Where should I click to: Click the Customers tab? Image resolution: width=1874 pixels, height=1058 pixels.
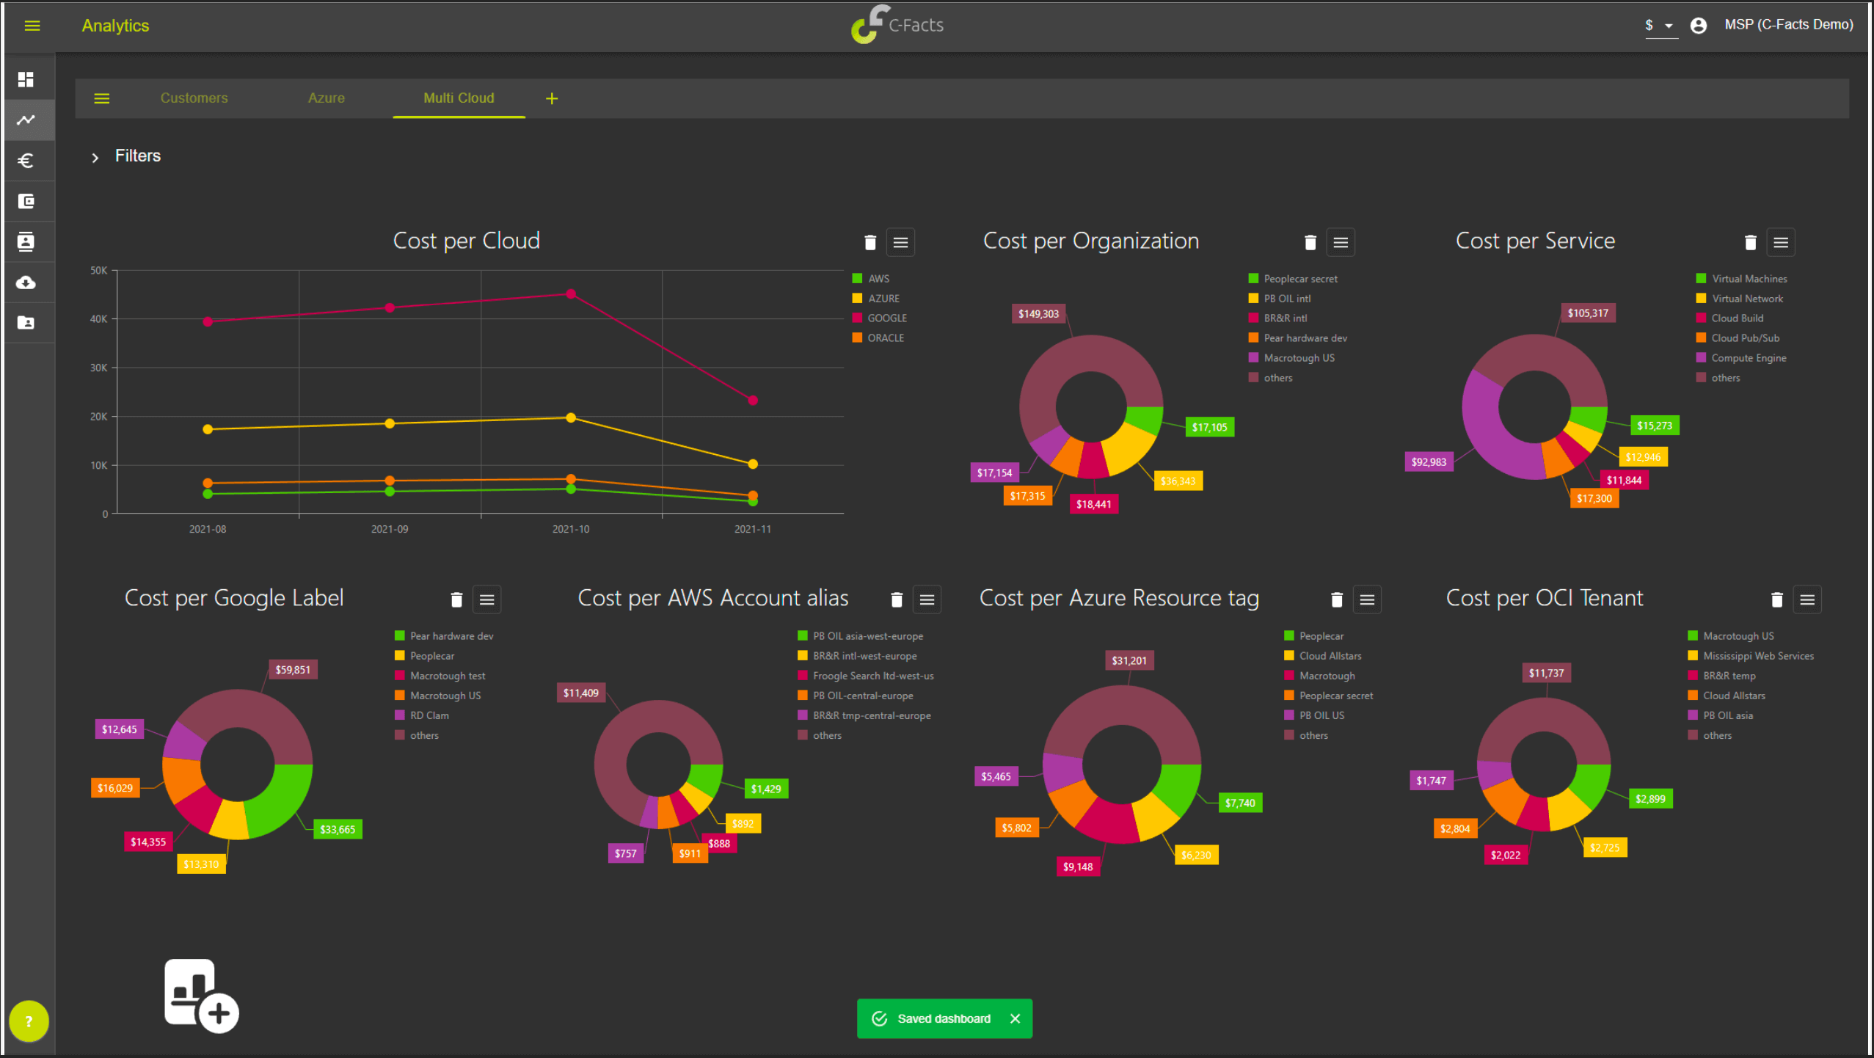pyautogui.click(x=194, y=98)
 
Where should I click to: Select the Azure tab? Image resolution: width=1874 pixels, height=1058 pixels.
pyautogui.click(x=326, y=98)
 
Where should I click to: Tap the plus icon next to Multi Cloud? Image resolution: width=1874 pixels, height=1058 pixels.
pyautogui.click(x=552, y=98)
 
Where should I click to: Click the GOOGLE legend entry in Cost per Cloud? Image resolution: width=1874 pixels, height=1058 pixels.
pyautogui.click(x=880, y=318)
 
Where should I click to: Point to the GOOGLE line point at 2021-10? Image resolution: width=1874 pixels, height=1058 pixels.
pyautogui.click(x=571, y=294)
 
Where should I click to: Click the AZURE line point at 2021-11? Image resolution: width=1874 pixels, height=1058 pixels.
pyautogui.click(x=753, y=464)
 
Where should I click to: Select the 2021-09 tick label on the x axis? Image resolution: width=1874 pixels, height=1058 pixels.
pyautogui.click(x=390, y=529)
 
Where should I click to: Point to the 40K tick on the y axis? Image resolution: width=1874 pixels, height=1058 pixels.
pyautogui.click(x=98, y=319)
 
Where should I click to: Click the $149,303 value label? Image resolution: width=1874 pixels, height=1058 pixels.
pyautogui.click(x=1038, y=314)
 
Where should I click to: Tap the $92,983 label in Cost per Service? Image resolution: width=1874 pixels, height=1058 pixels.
pyautogui.click(x=1429, y=462)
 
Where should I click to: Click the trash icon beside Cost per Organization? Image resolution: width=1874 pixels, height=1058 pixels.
pyautogui.click(x=1310, y=243)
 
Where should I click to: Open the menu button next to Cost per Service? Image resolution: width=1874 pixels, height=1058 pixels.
pyautogui.click(x=1780, y=243)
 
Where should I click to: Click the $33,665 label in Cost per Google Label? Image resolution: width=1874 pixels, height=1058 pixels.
pyautogui.click(x=338, y=830)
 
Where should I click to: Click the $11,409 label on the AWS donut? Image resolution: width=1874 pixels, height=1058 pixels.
pyautogui.click(x=580, y=693)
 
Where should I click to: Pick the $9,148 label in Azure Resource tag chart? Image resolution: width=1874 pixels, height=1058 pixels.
pyautogui.click(x=1078, y=867)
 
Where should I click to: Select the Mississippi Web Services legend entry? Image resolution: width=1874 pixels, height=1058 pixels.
pyautogui.click(x=1751, y=656)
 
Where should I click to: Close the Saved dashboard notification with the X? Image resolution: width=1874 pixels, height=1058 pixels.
pyautogui.click(x=1015, y=1018)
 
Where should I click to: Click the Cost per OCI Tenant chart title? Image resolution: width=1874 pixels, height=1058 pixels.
pyautogui.click(x=1545, y=598)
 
